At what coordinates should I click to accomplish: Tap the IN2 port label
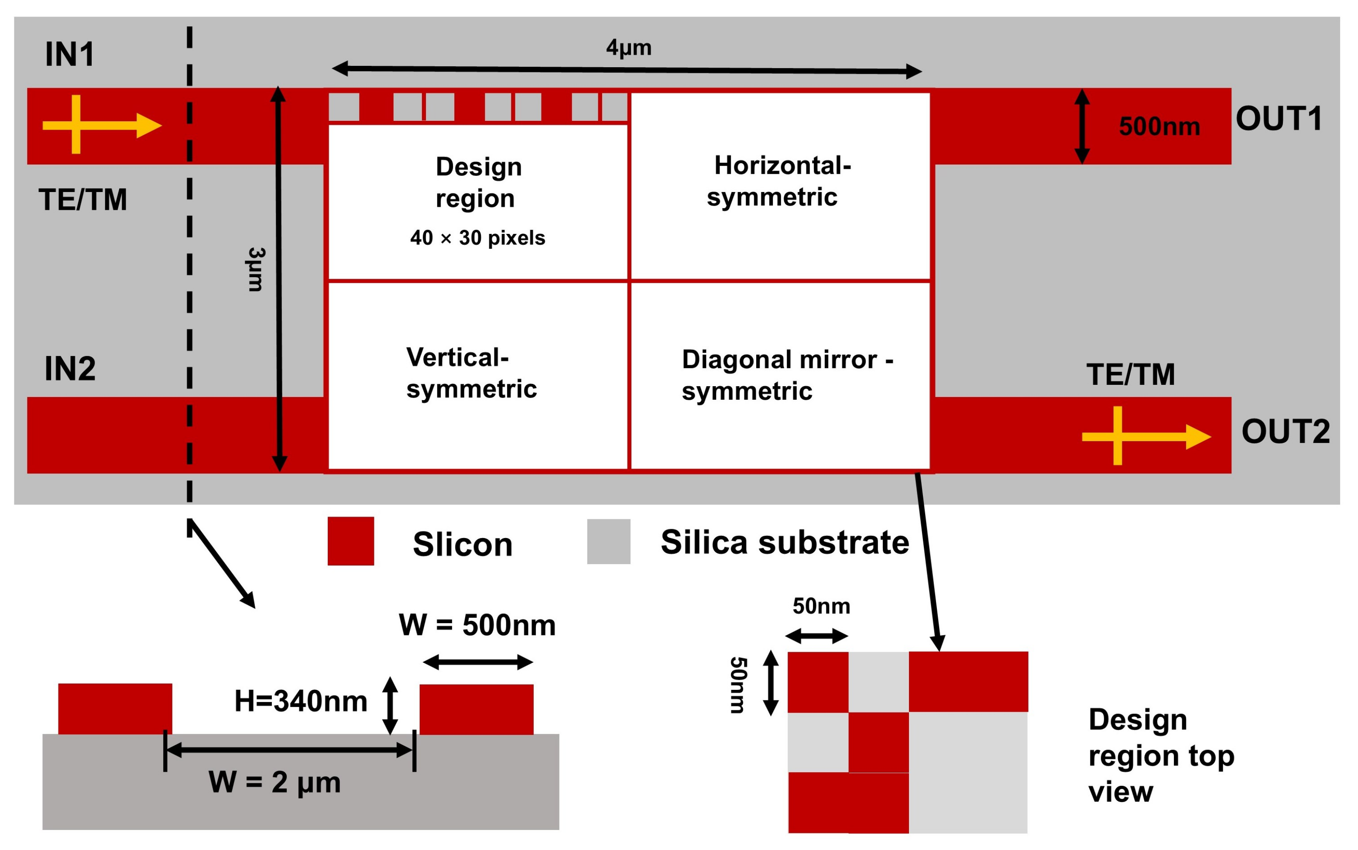click(70, 369)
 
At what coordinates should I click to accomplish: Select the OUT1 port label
click(1278, 119)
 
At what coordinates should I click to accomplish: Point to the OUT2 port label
click(1285, 431)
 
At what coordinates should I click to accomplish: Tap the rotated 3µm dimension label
click(256, 269)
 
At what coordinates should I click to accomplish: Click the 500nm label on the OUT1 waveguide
click(1159, 126)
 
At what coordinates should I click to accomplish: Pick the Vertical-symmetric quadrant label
click(471, 373)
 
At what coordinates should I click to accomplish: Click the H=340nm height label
click(301, 701)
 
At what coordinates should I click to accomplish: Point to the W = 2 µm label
click(274, 782)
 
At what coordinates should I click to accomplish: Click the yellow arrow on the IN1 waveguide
click(101, 125)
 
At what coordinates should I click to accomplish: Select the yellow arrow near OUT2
click(1145, 436)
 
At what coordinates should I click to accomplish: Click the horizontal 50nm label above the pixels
click(821, 606)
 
